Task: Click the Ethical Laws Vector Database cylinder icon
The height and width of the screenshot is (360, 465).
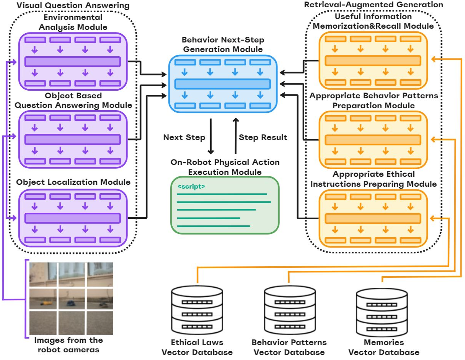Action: tap(197, 310)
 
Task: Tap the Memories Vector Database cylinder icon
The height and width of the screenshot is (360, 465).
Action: tap(381, 310)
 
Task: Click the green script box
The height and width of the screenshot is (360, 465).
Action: tap(225, 205)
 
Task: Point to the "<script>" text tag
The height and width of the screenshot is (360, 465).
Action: tap(191, 187)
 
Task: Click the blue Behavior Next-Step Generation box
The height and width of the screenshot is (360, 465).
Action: tap(223, 83)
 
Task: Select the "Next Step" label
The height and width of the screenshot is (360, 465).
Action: tap(184, 137)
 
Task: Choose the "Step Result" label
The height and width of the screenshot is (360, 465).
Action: tap(263, 137)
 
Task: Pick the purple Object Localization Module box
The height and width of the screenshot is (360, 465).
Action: tap(73, 218)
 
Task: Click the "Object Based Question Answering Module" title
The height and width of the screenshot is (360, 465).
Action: tap(72, 100)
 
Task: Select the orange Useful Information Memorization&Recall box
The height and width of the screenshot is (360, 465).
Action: tap(373, 60)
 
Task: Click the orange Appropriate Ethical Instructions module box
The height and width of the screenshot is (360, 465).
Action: tap(373, 218)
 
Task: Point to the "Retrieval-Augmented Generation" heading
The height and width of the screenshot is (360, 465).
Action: tap(373, 5)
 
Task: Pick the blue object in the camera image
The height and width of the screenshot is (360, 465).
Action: tap(70, 303)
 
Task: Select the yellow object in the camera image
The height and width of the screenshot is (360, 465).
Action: tap(46, 303)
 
